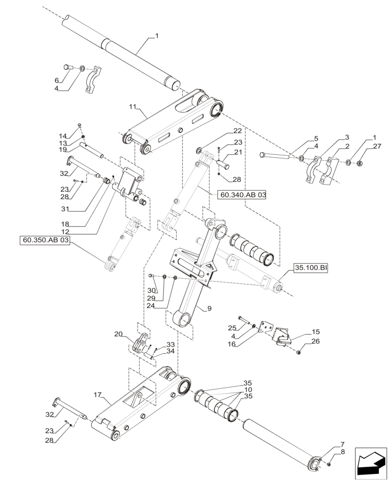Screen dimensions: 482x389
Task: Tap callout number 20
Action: tap(119, 334)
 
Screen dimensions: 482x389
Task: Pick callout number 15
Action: tap(315, 332)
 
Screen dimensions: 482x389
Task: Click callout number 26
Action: tap(315, 342)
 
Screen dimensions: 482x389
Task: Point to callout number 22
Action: tap(238, 131)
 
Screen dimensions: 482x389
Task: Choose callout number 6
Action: tap(56, 80)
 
